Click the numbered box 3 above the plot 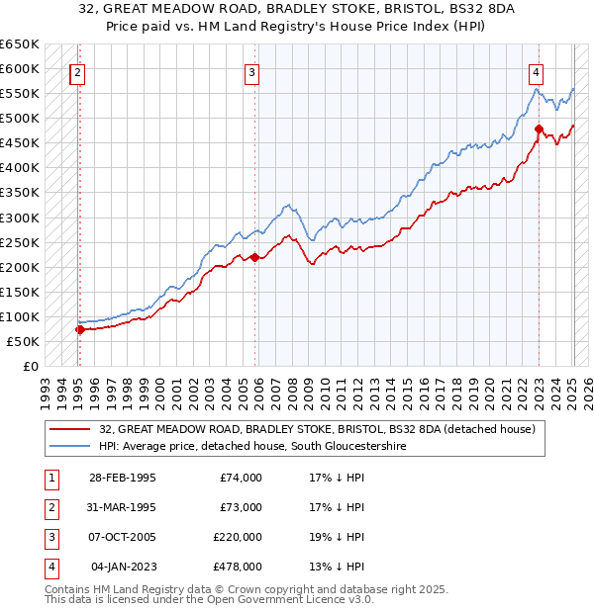coord(252,71)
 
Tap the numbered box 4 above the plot coord(536,71)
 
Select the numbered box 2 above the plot coord(77,71)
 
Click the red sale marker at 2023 coord(539,129)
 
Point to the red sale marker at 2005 coord(254,257)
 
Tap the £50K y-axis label coord(24,341)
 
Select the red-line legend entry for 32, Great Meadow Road coord(317,429)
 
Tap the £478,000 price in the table coord(238,567)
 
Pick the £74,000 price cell coord(241,478)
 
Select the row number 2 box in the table coord(50,507)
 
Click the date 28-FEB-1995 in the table coord(123,478)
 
